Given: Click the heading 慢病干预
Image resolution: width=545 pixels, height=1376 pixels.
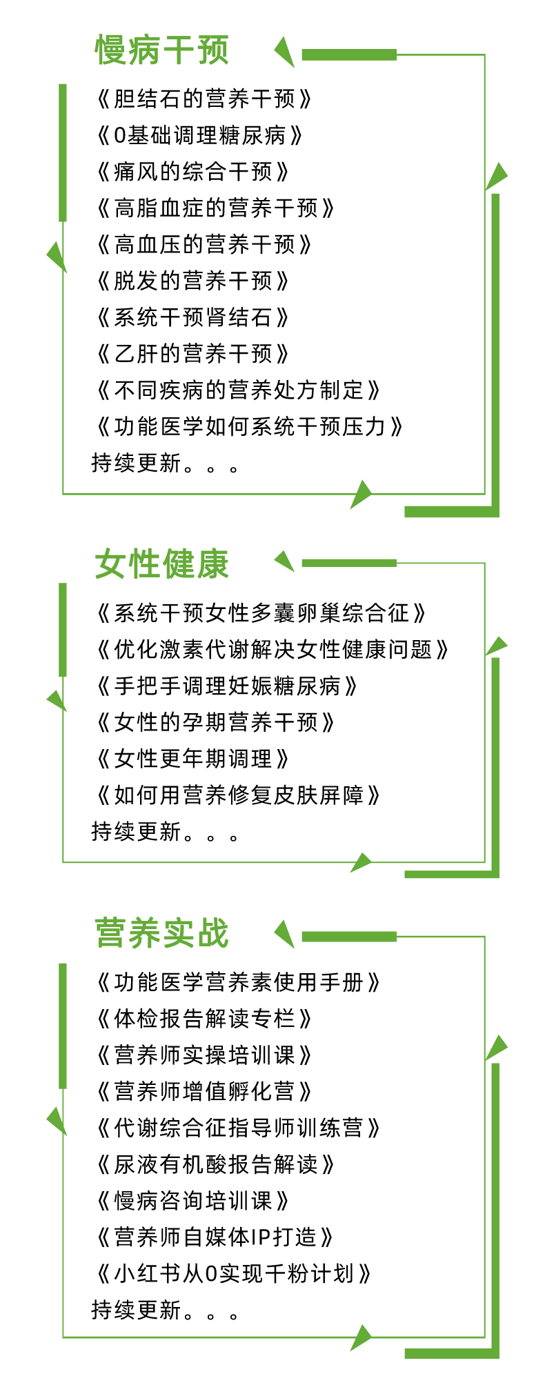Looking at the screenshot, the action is [162, 50].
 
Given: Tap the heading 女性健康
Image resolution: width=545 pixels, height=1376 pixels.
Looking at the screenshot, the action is [162, 564].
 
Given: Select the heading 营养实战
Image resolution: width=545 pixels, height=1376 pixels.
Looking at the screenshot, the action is [162, 933].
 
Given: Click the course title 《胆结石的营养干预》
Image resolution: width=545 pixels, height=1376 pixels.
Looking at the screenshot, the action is [204, 99].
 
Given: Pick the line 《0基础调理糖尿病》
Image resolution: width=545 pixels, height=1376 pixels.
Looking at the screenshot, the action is [199, 135].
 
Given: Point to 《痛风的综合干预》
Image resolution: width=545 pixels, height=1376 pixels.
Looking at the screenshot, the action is [192, 171].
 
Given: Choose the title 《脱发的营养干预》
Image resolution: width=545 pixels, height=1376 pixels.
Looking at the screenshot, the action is [192, 281].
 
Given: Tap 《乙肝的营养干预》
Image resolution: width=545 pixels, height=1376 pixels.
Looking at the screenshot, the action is [192, 354].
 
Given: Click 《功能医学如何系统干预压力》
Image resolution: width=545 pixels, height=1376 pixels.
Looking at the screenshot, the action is [249, 427].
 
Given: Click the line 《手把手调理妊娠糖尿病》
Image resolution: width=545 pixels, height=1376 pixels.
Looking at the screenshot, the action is [227, 686].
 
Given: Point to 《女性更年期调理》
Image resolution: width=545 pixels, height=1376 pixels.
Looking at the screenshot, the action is [192, 759].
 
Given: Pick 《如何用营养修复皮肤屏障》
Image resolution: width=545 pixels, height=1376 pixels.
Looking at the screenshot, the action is [238, 795].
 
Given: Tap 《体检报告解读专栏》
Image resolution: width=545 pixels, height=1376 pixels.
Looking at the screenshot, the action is [204, 1018].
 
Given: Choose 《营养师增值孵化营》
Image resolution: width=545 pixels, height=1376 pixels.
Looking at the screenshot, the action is [204, 1091].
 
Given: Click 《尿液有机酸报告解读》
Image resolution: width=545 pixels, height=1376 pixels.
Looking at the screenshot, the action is [215, 1164].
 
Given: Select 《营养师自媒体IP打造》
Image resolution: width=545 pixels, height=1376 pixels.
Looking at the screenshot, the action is [215, 1237].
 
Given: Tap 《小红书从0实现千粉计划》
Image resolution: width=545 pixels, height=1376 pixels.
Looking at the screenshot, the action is [234, 1273].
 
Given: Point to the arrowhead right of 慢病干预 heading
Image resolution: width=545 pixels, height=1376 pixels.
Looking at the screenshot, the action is [285, 52].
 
